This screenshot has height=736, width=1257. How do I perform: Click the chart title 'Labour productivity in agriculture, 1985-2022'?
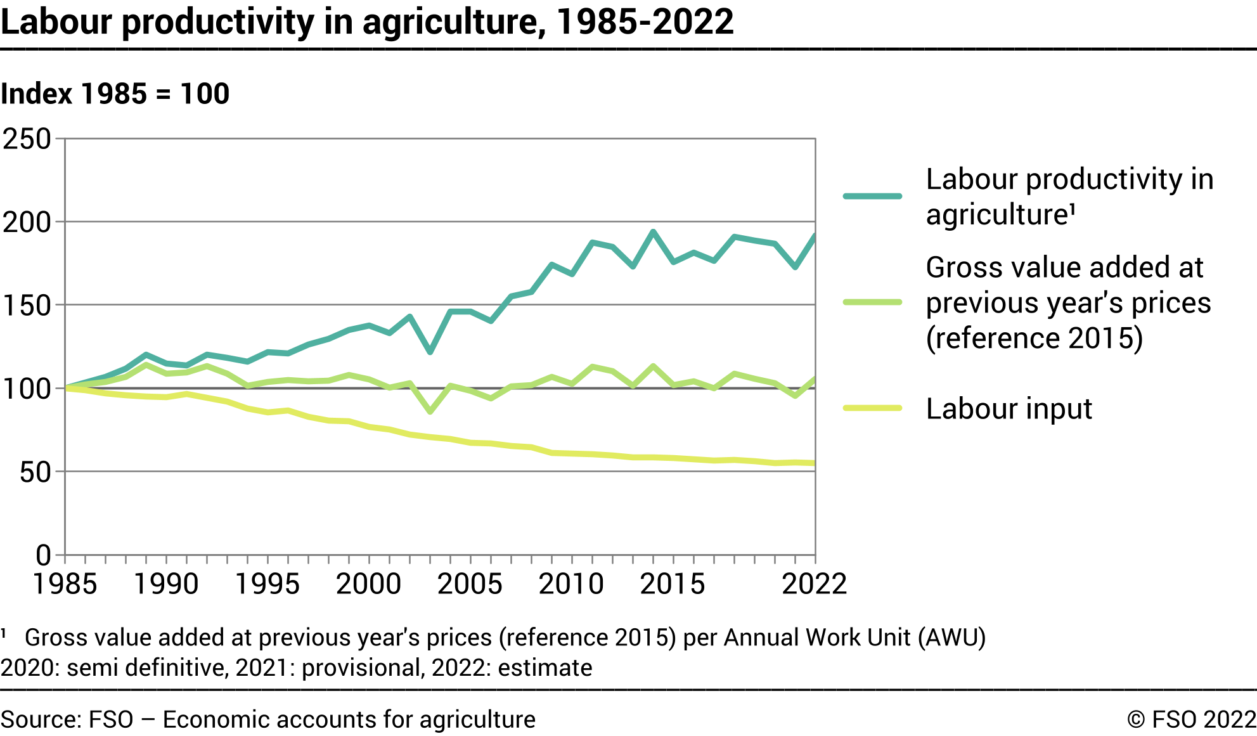[366, 22]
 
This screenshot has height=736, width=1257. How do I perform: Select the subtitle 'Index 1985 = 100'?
[115, 94]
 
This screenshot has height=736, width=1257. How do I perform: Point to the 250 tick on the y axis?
[27, 139]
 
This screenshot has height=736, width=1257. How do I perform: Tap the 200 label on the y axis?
[27, 223]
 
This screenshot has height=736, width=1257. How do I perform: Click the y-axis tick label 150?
[27, 306]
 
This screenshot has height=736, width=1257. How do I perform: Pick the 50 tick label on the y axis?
[35, 472]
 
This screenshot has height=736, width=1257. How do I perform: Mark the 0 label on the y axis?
[43, 555]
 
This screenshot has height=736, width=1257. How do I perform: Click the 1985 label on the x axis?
[65, 584]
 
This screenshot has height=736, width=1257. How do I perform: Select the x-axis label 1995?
[267, 584]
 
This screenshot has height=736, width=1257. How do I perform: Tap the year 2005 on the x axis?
[470, 584]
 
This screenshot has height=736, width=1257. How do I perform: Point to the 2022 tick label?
[814, 584]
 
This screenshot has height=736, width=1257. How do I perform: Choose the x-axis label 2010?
[571, 584]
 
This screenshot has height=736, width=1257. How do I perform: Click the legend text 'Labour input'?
[1009, 409]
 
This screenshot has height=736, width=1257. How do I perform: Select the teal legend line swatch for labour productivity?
[872, 197]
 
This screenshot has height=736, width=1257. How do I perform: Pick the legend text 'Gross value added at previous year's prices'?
[1068, 302]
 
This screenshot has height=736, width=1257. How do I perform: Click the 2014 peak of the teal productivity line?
[653, 232]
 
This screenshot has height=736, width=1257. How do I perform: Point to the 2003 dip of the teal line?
[430, 352]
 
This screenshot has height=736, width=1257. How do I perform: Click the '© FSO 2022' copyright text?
[1191, 720]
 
